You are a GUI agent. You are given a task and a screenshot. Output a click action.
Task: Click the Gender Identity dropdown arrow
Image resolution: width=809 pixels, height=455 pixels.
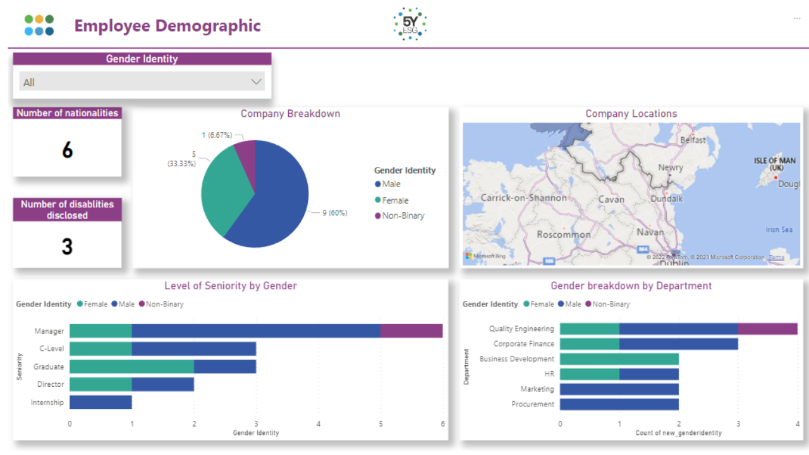256,82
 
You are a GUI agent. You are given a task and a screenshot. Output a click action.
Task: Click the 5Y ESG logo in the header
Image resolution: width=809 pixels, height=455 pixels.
410,25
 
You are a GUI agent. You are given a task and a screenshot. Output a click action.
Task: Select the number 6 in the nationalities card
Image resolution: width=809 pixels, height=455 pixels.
67,150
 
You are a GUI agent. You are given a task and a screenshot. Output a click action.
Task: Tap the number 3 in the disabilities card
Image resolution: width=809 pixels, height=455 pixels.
67,246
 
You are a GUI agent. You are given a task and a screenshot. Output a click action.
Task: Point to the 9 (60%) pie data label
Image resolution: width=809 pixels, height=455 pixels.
334,213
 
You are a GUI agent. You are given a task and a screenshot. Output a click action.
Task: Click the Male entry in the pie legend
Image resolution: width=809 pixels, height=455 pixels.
391,184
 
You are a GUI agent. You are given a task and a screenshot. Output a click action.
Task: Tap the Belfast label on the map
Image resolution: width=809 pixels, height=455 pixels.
693,140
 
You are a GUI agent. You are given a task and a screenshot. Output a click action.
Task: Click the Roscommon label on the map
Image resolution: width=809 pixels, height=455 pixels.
564,234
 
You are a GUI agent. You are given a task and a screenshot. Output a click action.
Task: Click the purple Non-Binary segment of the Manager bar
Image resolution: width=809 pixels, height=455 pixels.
411,331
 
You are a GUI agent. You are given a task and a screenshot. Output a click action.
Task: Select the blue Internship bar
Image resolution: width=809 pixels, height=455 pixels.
100,402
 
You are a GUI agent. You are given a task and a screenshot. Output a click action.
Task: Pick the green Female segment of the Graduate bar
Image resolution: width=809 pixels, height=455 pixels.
131,367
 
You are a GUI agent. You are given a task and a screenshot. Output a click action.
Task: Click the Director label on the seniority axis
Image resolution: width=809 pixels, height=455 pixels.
50,384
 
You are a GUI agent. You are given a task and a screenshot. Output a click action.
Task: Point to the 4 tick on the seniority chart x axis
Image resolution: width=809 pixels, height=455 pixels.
319,424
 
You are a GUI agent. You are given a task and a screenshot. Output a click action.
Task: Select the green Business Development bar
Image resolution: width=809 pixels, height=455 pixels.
619,359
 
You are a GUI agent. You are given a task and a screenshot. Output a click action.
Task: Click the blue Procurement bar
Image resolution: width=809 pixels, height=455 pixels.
619,404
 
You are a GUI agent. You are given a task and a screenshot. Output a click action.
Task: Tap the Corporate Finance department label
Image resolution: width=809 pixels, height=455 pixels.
523,344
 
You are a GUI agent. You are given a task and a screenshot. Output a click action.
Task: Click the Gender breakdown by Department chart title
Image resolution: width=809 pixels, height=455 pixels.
631,286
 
